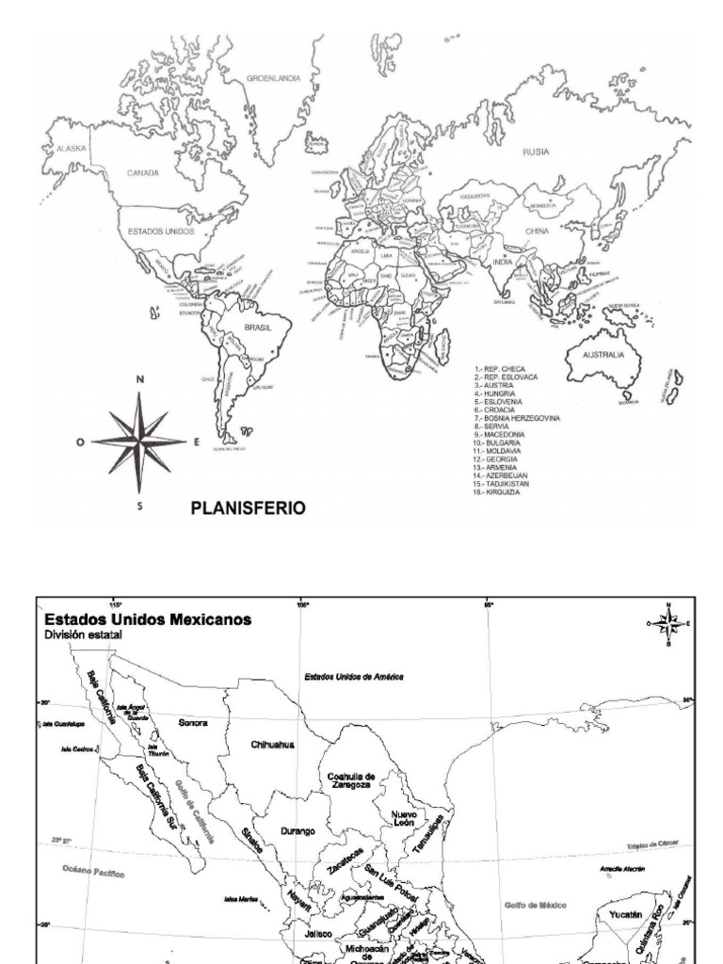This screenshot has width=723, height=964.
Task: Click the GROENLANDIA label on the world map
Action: click(274, 79)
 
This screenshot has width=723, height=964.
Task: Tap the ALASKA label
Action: click(72, 149)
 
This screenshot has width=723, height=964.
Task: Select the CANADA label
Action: click(143, 173)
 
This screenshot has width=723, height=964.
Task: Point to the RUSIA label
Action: click(536, 152)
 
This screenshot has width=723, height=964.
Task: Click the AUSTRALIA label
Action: click(602, 355)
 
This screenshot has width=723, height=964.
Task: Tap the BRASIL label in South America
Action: click(257, 327)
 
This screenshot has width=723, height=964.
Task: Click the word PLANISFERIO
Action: click(249, 507)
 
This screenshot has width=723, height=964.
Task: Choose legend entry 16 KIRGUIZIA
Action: click(503, 490)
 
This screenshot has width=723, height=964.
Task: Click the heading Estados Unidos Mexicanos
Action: click(147, 619)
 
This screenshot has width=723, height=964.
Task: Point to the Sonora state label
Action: click(192, 723)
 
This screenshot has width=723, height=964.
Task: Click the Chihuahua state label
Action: click(273, 744)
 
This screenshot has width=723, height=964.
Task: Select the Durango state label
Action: click(297, 831)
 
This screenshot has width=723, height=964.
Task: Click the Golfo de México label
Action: click(535, 905)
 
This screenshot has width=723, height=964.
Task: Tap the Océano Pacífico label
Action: click(92, 873)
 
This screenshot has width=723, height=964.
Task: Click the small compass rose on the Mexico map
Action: click(667, 623)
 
